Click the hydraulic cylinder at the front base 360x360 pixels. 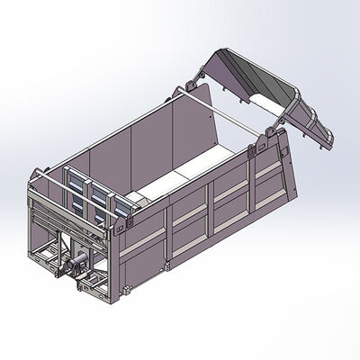coord(76,266)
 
